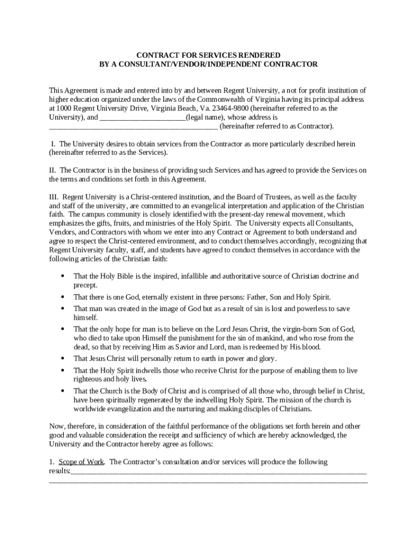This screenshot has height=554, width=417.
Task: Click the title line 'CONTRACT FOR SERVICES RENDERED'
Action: [x=208, y=55]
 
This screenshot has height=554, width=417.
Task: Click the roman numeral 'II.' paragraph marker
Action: [x=53, y=170]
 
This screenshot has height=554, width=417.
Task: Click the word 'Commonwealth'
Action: [x=204, y=100]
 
